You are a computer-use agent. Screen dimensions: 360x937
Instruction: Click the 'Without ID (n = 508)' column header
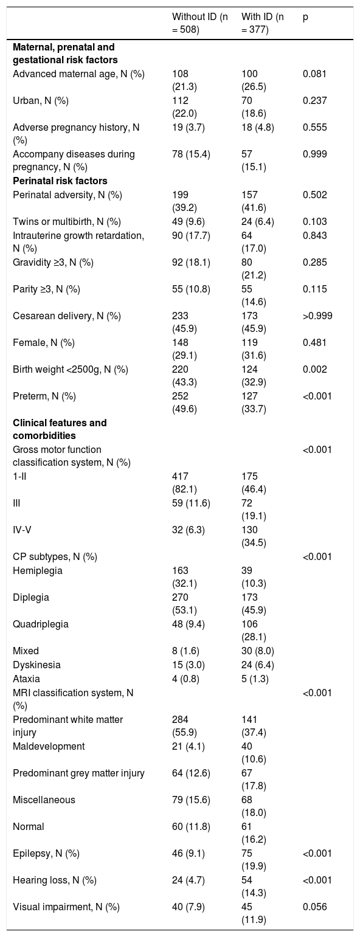click(x=200, y=23)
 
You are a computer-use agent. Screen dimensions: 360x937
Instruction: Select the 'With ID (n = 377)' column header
click(x=262, y=23)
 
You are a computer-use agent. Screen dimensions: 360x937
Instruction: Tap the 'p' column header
click(x=305, y=18)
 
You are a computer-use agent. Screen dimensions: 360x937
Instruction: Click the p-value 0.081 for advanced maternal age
click(x=314, y=74)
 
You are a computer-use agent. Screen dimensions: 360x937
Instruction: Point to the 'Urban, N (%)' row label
click(x=41, y=101)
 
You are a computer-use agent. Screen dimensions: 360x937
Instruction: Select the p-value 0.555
click(x=314, y=128)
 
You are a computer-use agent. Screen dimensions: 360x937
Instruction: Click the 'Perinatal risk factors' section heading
click(x=60, y=181)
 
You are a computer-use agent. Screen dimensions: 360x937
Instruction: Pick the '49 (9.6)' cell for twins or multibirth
click(x=189, y=222)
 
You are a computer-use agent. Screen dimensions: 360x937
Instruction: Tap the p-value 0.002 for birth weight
click(x=314, y=369)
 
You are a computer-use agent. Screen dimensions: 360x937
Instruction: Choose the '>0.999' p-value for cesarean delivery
click(x=317, y=316)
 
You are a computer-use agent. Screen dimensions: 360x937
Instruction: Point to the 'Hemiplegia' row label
click(x=38, y=570)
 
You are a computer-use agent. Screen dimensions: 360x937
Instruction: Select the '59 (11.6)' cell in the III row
click(x=191, y=503)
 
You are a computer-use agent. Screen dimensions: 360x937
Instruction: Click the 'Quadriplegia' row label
click(x=41, y=624)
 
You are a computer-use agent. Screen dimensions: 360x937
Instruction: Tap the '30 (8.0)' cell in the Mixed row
click(x=258, y=651)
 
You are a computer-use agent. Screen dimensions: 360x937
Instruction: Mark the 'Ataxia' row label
click(x=26, y=679)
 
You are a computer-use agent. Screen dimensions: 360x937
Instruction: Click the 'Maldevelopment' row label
click(x=49, y=746)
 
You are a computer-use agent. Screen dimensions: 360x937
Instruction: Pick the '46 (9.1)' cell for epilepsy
click(x=189, y=853)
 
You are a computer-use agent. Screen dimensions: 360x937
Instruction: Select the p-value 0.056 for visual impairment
click(x=314, y=907)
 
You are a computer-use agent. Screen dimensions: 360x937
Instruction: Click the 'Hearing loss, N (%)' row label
click(x=54, y=880)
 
